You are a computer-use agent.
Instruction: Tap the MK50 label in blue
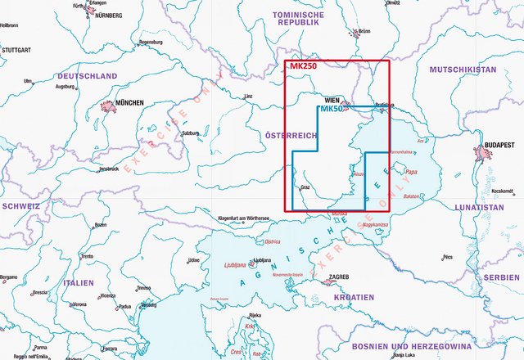coord(332,109)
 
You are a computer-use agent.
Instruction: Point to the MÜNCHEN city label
coord(129,103)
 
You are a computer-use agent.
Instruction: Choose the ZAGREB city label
coord(339,277)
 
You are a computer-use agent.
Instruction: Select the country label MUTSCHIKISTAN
coord(463,70)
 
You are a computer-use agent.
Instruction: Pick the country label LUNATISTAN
coord(481,208)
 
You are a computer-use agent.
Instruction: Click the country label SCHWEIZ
coord(20,206)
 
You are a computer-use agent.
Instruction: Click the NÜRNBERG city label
coord(105,16)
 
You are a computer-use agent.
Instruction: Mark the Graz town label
coord(305,187)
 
